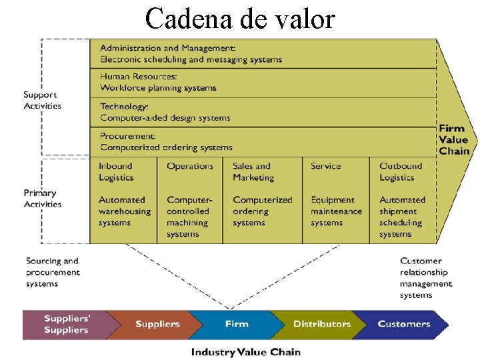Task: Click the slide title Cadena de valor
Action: tap(240, 19)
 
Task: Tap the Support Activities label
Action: tap(43, 100)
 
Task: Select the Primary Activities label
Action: tap(43, 199)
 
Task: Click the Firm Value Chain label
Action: tap(454, 139)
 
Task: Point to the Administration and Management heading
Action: tap(168, 48)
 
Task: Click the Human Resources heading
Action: tap(139, 77)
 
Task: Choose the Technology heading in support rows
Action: tap(124, 106)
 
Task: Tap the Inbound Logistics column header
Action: tap(116, 171)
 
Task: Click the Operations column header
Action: tap(190, 166)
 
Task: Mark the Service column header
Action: tap(325, 166)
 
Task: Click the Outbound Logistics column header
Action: tap(401, 171)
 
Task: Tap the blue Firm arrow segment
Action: tap(237, 324)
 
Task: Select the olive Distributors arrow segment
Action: tap(321, 324)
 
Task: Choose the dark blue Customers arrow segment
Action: tap(403, 324)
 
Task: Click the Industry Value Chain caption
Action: tap(246, 351)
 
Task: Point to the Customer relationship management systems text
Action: tap(425, 278)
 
